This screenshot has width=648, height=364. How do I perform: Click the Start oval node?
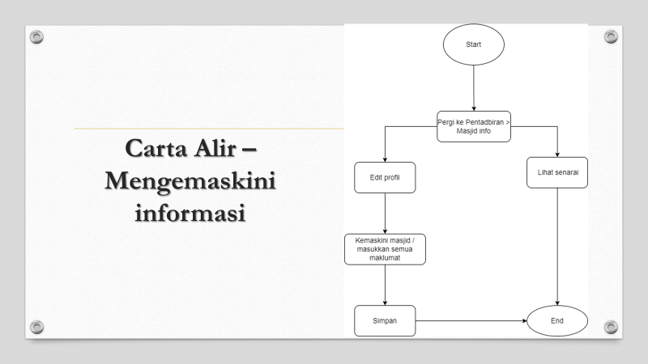473,44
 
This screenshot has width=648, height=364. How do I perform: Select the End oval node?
557,321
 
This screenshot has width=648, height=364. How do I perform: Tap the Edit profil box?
385,178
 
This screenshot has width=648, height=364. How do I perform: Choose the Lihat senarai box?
558,172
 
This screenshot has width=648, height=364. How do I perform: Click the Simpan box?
385,321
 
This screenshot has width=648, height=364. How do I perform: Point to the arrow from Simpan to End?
470,321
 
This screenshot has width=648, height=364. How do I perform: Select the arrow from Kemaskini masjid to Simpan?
385,285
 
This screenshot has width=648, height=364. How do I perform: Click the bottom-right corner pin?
612,327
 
